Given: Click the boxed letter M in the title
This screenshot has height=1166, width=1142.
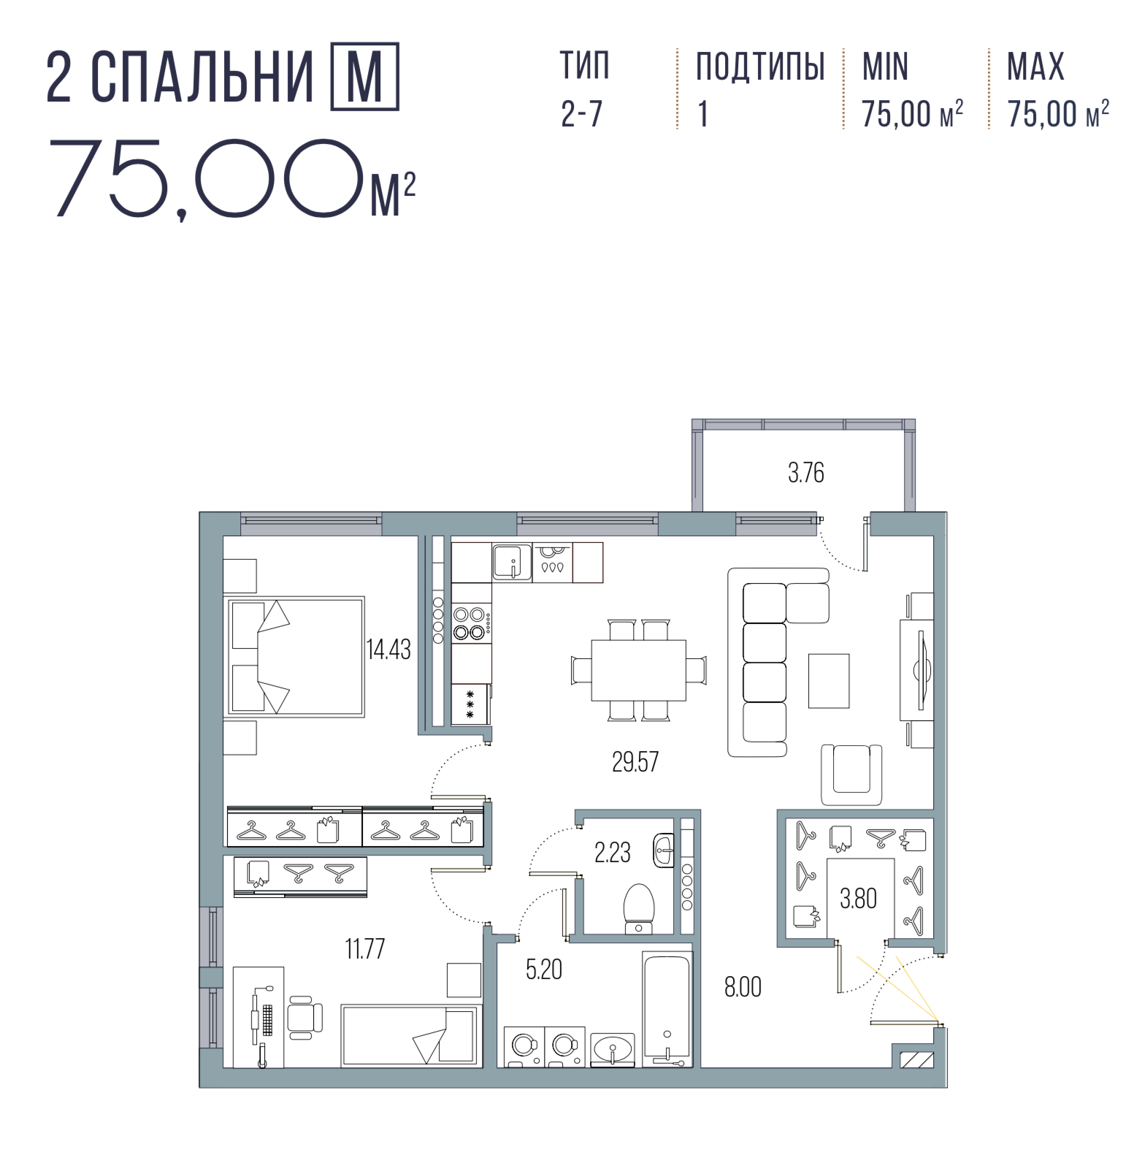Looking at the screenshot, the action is [365, 77].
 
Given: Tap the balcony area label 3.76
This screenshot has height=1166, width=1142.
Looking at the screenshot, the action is [806, 473].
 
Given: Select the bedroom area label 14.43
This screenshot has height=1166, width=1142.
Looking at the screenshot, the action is [388, 649].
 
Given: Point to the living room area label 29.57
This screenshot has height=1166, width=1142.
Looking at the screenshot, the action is [635, 762].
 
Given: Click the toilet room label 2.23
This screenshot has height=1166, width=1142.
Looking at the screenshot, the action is [613, 853].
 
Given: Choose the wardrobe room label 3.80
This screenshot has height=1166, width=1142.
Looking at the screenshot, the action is [858, 898].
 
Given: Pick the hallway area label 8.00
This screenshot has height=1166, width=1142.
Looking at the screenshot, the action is [743, 987].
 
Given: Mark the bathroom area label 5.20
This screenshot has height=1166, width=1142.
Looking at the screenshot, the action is [544, 969].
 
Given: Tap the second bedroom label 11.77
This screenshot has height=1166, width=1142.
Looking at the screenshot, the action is [365, 949].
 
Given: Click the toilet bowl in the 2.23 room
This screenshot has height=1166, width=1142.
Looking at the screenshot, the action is [639, 910].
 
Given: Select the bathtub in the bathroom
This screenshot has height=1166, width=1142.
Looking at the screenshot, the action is [667, 1009].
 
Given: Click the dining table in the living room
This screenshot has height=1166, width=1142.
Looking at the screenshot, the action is [639, 670].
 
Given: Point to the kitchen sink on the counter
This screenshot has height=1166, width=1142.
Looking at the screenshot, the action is [512, 561].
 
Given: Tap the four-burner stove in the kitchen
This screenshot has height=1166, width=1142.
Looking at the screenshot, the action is [471, 624].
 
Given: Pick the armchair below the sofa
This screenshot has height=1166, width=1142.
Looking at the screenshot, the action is [851, 774].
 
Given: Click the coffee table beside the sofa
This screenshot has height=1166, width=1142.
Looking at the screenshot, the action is [829, 681].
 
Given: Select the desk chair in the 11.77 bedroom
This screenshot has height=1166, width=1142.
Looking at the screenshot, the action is [304, 1017].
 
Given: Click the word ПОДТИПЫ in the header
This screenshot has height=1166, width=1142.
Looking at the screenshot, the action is [760, 67].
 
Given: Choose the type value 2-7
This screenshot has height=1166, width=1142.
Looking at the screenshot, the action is [582, 114].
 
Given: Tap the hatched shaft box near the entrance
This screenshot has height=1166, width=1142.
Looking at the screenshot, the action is [917, 1059].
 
